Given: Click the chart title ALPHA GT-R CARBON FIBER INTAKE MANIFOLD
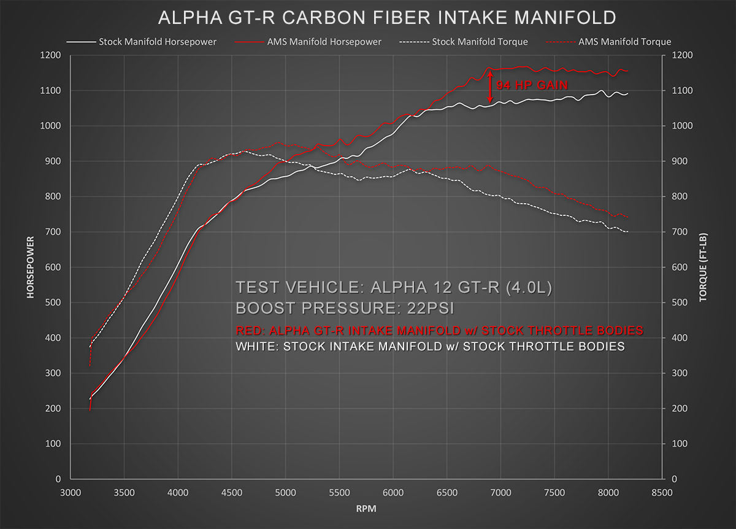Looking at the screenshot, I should [387, 17].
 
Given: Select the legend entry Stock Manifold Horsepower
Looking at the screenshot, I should [157, 42].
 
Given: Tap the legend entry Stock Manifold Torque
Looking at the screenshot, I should [480, 42].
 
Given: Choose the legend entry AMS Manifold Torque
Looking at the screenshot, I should [624, 42].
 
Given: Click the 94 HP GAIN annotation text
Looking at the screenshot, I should [532, 85].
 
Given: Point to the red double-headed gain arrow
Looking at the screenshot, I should [490, 86].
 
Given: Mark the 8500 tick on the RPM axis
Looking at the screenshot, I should [662, 492].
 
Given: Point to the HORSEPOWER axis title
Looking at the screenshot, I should [29, 267].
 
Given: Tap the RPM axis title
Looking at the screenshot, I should [366, 508].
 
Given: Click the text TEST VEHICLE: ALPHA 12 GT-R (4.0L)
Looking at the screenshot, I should [394, 287].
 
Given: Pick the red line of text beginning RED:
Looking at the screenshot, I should [439, 331].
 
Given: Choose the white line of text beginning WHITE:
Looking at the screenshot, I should [430, 347].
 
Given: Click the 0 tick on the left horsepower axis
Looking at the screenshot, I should [58, 479].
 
